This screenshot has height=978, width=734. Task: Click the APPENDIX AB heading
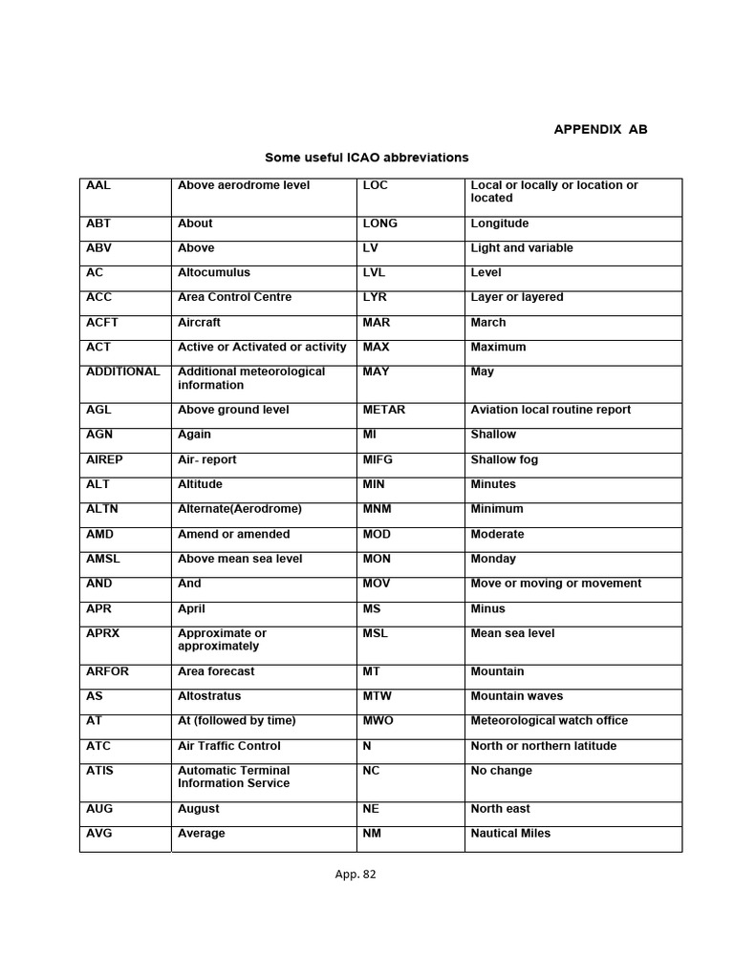point(600,129)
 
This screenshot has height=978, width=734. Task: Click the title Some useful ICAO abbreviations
point(367,157)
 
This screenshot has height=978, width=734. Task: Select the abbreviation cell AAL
point(99,185)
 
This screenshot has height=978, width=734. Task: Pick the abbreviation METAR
point(384,410)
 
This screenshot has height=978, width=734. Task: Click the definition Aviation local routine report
point(550,410)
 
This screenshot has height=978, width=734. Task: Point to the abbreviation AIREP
point(104,459)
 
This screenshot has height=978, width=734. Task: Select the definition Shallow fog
point(505,459)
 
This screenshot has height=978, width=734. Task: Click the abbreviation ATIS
point(99,771)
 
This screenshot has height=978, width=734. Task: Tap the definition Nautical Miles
point(510,834)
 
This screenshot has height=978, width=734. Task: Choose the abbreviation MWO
point(378,721)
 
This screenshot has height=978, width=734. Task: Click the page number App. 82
point(356,874)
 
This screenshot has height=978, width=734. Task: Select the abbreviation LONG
point(380,223)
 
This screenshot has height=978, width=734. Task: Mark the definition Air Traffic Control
point(229,746)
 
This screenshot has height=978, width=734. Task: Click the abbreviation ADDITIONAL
point(123,372)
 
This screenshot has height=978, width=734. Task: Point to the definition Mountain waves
point(517,696)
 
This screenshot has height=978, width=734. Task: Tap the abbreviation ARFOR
point(107,671)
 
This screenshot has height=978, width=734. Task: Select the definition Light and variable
point(522,248)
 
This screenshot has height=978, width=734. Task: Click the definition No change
point(502,771)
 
